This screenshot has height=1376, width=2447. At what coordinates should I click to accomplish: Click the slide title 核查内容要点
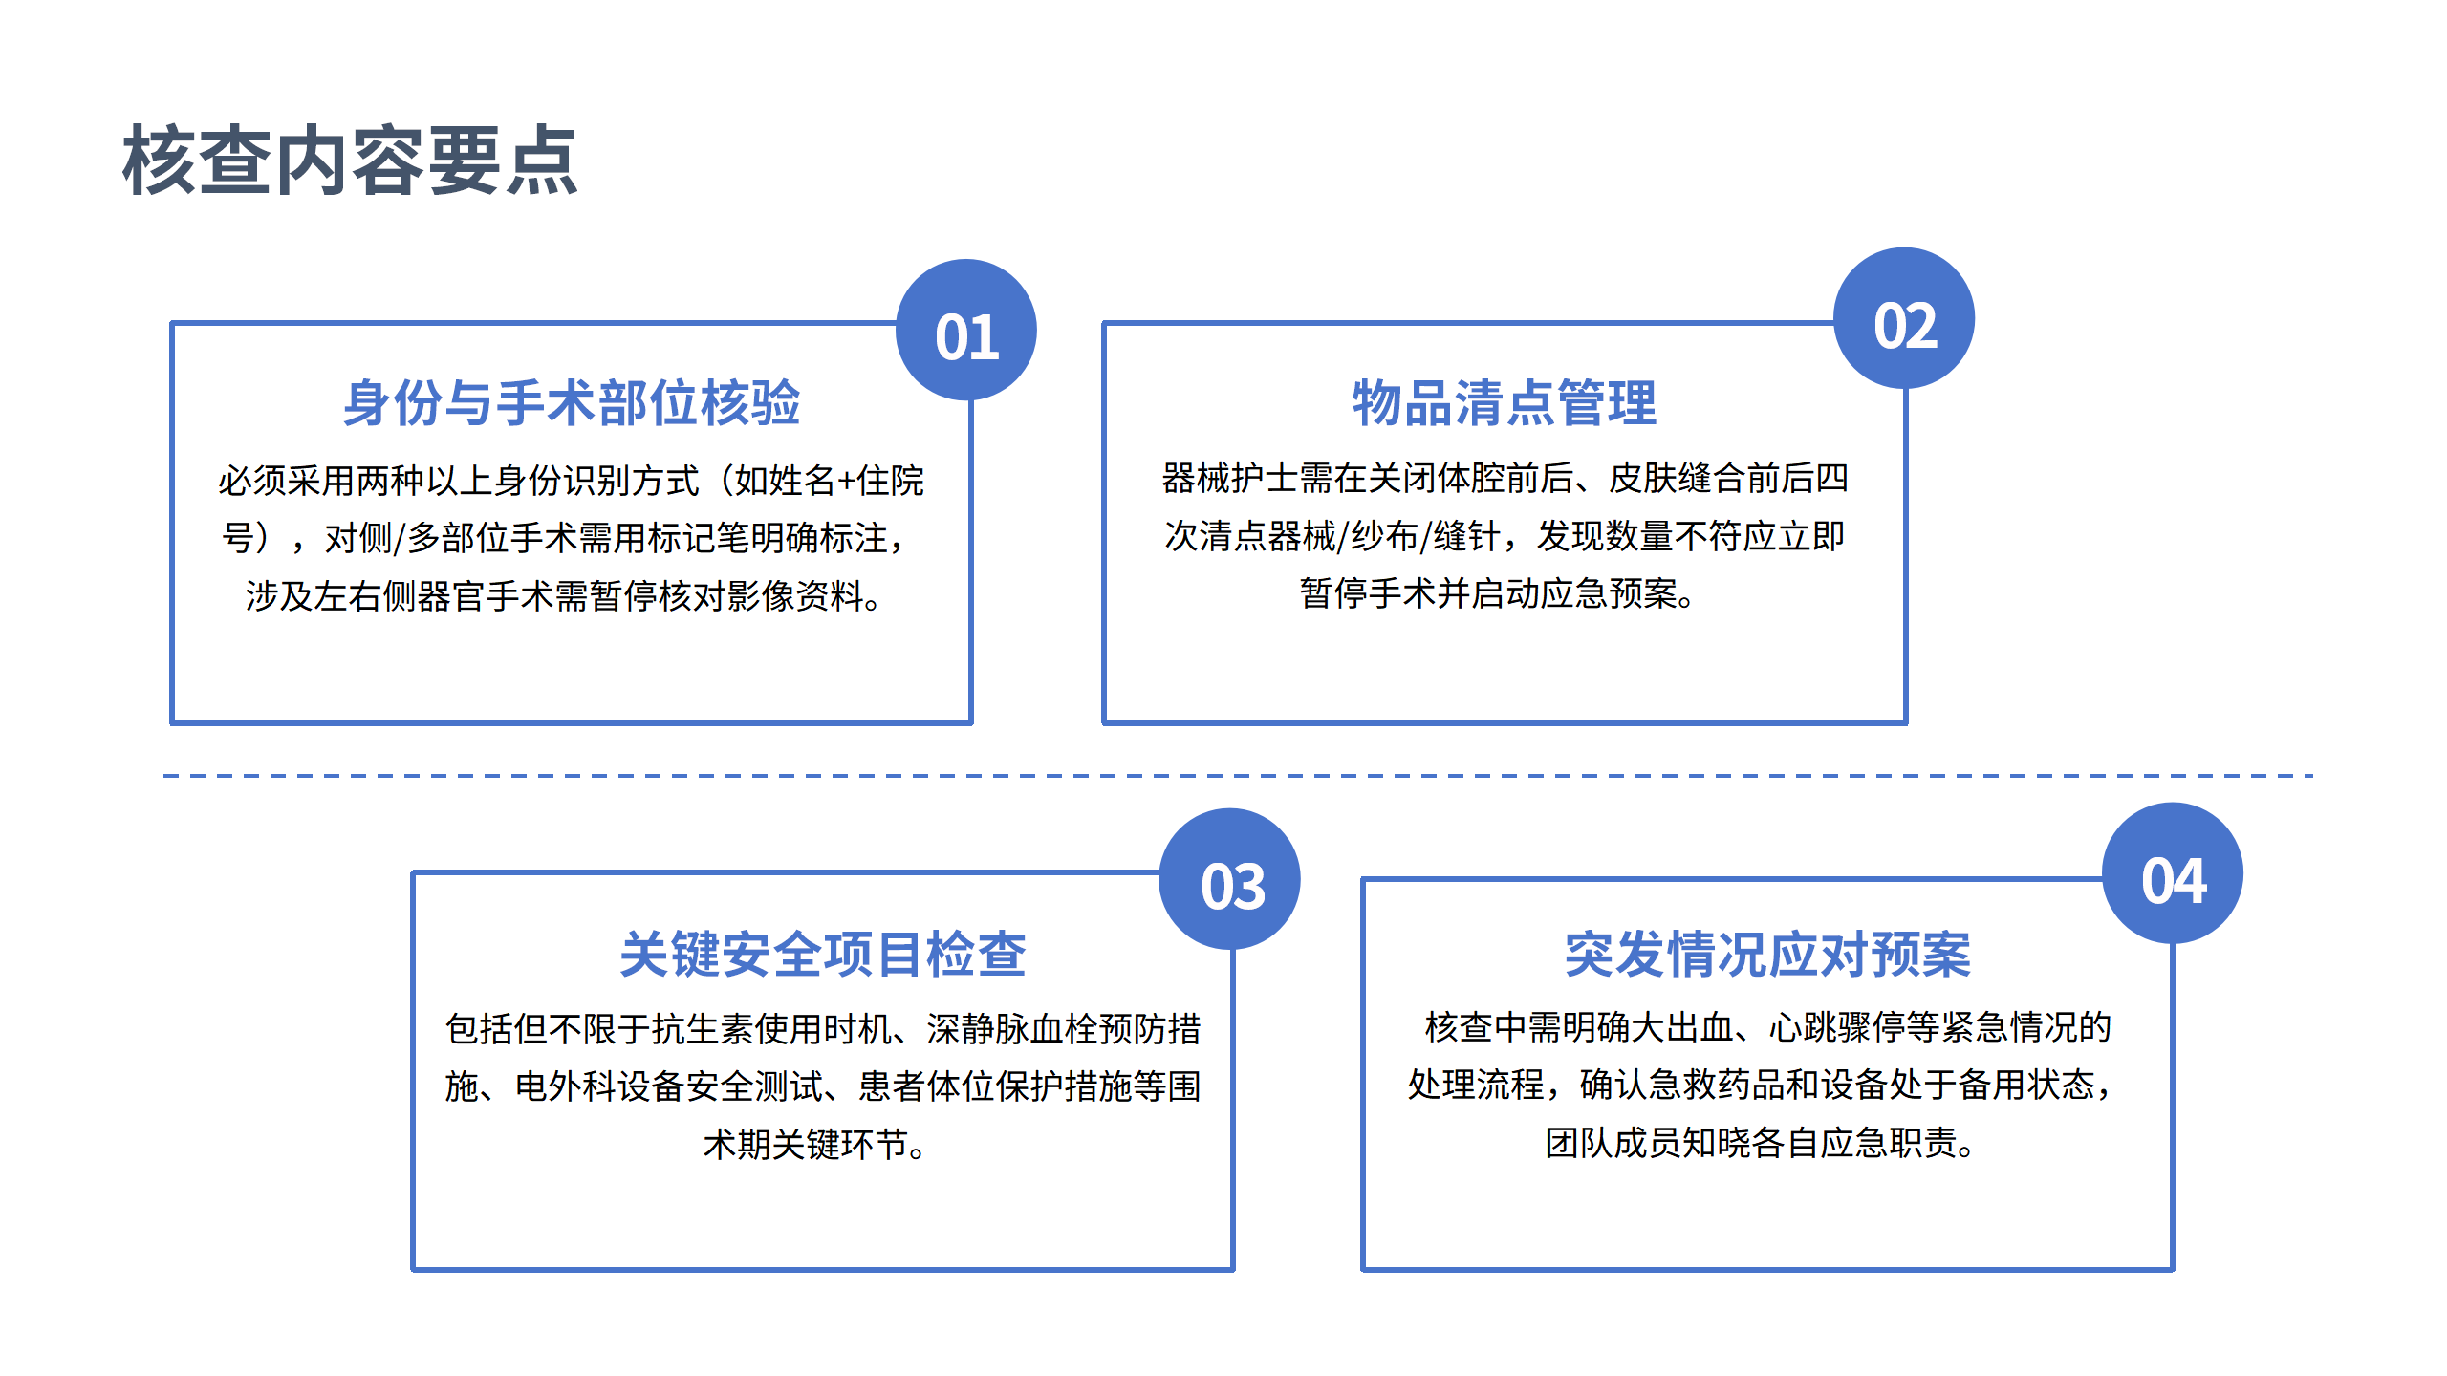(x=350, y=161)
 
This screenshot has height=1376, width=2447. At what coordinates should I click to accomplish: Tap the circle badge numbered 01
(x=966, y=331)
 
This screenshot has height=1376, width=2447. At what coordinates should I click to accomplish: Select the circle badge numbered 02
(x=1904, y=319)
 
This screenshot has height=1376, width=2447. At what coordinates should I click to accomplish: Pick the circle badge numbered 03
(x=1230, y=880)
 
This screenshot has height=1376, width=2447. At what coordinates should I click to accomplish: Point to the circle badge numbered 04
(x=2173, y=874)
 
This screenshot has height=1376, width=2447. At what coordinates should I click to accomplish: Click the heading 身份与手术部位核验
(x=572, y=402)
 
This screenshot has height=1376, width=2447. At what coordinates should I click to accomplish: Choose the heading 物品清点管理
(x=1504, y=402)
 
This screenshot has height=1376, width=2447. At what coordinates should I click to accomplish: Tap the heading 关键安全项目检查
(x=823, y=954)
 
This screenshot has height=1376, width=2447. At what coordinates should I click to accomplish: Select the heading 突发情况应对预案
(x=1767, y=954)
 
